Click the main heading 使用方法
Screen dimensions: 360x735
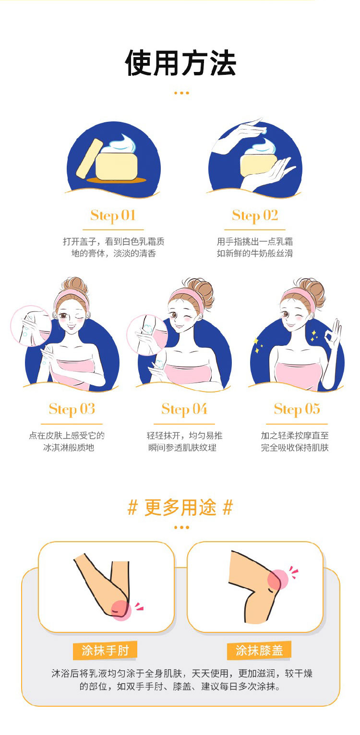(x=180, y=63)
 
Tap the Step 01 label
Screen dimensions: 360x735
(x=113, y=215)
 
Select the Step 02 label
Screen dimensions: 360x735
(x=255, y=215)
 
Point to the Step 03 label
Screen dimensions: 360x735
(x=72, y=409)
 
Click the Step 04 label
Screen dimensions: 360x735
(x=184, y=409)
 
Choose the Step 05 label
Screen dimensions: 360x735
(x=297, y=409)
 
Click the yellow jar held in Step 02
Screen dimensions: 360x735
(x=258, y=166)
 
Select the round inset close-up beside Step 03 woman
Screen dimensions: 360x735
(x=31, y=325)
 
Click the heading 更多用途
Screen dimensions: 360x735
(x=180, y=507)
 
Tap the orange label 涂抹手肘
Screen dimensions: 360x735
(x=105, y=650)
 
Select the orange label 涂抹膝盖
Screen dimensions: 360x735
(x=259, y=650)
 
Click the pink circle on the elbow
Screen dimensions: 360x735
(x=121, y=610)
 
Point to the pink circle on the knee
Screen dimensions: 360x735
(x=277, y=580)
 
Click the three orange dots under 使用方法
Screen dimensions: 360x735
(x=181, y=93)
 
